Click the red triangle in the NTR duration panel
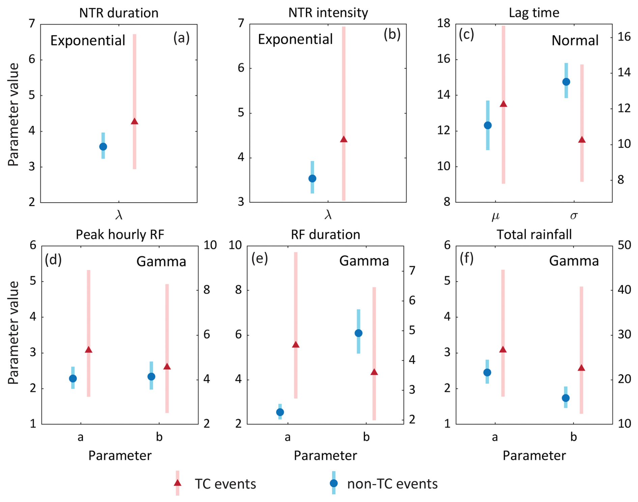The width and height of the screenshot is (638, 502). point(134,121)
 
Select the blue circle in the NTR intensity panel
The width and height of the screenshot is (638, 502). point(312,178)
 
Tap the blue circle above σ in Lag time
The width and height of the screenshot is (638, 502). point(566,82)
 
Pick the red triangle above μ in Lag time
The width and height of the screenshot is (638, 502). point(503,104)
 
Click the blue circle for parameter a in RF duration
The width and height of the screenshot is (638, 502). point(280,412)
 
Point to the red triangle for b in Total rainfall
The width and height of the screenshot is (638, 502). point(581,368)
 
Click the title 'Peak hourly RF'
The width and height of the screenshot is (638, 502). point(120,235)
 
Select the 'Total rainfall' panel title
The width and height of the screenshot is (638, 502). point(534,235)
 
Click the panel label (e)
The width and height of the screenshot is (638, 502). point(259,259)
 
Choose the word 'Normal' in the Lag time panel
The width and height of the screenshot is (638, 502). point(575,40)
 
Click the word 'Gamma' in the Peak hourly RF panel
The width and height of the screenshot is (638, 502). point(161,262)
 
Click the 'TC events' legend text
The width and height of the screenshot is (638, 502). point(225,484)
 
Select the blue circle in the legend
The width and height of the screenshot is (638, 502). point(333,483)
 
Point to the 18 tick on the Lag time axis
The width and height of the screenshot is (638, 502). point(443,24)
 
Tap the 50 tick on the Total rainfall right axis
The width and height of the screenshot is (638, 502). point(625,245)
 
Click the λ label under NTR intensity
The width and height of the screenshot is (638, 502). point(328,215)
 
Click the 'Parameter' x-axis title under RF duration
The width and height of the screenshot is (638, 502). point(325,455)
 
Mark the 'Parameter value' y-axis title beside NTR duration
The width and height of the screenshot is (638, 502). point(13,115)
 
